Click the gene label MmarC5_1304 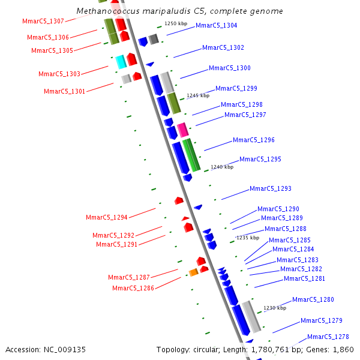tap(216, 26)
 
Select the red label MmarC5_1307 tap(43, 22)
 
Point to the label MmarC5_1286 tap(133, 288)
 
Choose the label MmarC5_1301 tap(65, 91)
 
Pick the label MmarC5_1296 tap(254, 140)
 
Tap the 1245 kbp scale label tap(198, 95)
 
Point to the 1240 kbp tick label tap(222, 167)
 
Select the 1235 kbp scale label tap(248, 238)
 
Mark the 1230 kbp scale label tap(274, 308)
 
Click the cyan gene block tap(121, 61)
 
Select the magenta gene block tap(182, 130)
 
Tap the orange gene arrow tap(193, 272)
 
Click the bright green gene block tap(192, 155)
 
